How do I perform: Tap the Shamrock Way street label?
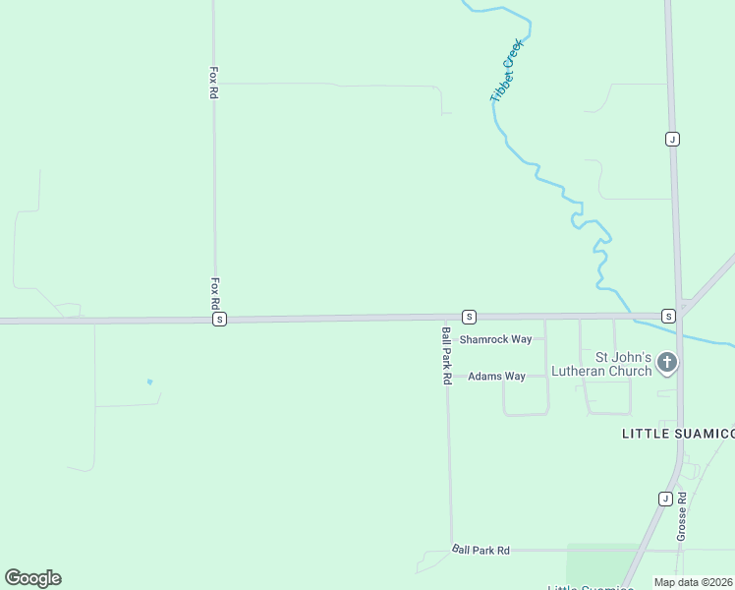click(496, 339)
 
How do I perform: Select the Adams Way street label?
click(496, 377)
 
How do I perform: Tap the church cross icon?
click(667, 364)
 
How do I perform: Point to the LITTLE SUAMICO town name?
click(678, 434)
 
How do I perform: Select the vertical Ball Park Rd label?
click(446, 355)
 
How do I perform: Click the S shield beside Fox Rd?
click(219, 320)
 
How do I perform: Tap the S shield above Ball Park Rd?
click(470, 317)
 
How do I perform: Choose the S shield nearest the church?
click(668, 316)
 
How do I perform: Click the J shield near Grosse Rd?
click(663, 499)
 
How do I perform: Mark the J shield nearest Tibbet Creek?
click(671, 139)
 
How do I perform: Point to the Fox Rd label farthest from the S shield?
click(213, 83)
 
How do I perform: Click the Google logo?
click(32, 578)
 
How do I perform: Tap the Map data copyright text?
click(693, 582)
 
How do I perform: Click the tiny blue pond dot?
click(149, 382)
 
